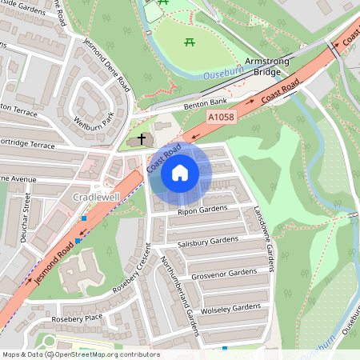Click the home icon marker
180,172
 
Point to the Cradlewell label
96,197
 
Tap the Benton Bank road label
206,103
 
